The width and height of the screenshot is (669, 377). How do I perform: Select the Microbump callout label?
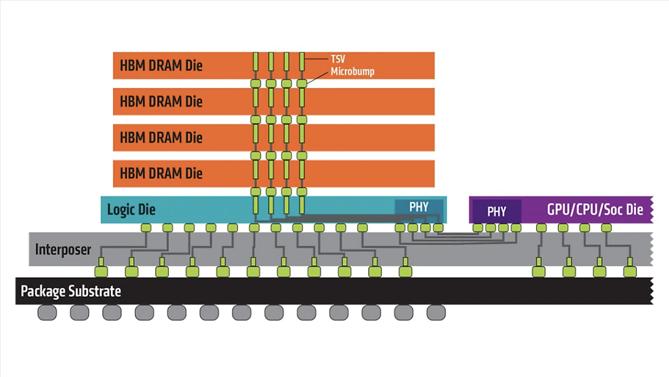[351, 71]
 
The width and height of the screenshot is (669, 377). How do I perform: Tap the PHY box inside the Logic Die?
[419, 207]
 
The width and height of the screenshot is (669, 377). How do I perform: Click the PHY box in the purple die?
[497, 212]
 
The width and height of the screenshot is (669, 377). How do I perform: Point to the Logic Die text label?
[131, 210]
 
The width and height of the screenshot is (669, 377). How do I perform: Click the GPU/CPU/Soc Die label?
[595, 210]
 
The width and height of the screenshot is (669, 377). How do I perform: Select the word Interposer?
[62, 249]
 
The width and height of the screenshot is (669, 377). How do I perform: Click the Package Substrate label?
[71, 291]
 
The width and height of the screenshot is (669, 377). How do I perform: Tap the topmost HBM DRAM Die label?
[161, 66]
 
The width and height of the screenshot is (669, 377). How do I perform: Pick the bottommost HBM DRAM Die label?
[161, 173]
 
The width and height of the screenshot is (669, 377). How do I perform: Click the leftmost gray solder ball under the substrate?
[47, 313]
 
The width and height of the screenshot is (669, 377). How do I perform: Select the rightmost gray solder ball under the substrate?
[436, 313]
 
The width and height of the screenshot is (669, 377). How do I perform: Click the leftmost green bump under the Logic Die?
[146, 228]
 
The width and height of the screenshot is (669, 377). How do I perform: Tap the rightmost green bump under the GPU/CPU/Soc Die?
[606, 228]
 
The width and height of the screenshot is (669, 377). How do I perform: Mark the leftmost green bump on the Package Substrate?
[101, 272]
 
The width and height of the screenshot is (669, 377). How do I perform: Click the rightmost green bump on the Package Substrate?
[631, 272]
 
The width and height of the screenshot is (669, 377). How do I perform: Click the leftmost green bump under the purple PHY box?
[478, 228]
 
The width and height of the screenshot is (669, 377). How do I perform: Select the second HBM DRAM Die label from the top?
[161, 101]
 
